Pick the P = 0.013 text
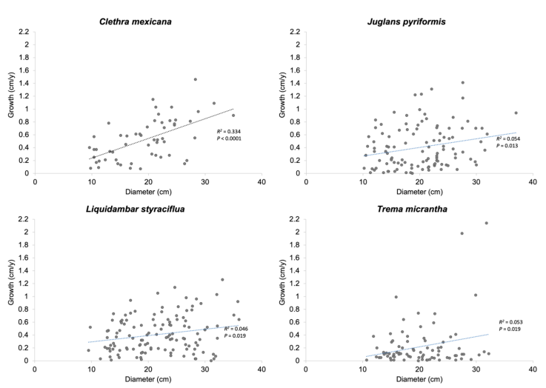click(509, 146)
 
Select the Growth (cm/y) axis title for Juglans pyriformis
click(282, 102)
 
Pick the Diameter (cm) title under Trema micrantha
click(419, 380)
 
